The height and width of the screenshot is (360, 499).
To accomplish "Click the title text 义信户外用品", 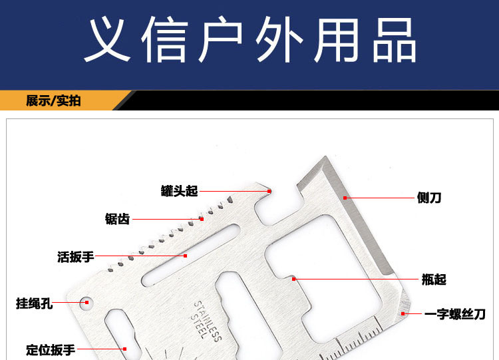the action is (249, 41).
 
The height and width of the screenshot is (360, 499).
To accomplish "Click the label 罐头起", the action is (180, 191).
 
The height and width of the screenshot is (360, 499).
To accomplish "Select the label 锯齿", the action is (117, 219).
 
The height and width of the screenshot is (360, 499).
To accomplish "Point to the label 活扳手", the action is (75, 256).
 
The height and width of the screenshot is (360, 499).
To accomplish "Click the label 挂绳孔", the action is (34, 303).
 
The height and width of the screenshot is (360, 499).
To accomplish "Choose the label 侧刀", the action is (429, 198).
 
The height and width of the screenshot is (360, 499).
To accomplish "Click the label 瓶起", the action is (434, 279).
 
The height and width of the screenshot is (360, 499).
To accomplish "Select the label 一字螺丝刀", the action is (455, 314).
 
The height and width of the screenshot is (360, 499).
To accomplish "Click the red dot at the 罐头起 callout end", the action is (270, 191).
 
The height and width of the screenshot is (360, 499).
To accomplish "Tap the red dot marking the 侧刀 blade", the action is (345, 198).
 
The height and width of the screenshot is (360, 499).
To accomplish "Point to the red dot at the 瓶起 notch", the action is (293, 279).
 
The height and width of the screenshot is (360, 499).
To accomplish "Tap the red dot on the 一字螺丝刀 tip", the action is (403, 313).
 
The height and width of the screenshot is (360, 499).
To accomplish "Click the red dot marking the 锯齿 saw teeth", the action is (202, 218).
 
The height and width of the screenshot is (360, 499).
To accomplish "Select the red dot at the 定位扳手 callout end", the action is (124, 348).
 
